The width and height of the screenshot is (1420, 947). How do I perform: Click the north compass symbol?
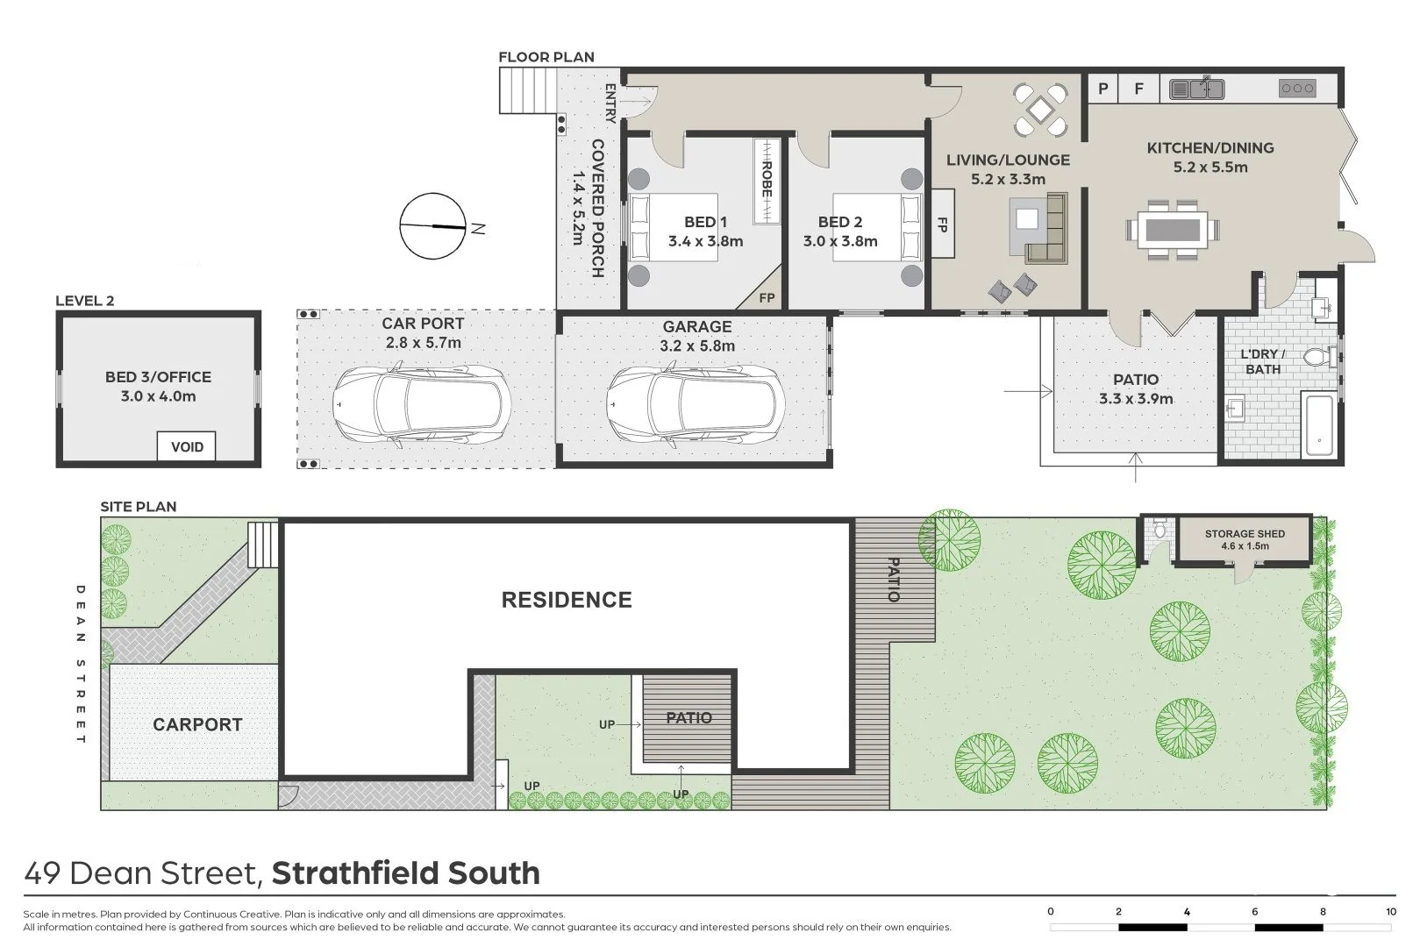coord(432,226)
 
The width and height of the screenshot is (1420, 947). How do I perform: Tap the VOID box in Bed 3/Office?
coord(187,446)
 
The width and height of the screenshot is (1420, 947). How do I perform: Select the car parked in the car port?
coord(422,404)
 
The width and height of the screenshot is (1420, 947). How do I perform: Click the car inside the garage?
coord(694,404)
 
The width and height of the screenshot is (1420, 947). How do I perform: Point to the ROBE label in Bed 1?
coord(767,180)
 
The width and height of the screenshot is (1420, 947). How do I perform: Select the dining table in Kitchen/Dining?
coord(1173,230)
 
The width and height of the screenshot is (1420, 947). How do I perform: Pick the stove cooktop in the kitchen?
coord(1297,89)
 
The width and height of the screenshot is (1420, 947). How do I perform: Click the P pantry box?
coord(1103,89)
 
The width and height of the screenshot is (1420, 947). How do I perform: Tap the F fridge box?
coord(1139,89)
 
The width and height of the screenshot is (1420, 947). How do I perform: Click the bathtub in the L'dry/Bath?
coord(1318,426)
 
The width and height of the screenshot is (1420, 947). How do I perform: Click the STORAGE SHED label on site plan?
coord(1245,534)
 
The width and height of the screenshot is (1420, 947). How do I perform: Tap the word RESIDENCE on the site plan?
coord(567,600)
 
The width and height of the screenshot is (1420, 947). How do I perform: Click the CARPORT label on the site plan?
coord(197,724)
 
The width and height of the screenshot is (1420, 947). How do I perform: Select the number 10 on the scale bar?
coord(1390,912)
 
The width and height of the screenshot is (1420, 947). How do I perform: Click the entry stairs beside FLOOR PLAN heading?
coord(528,91)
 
